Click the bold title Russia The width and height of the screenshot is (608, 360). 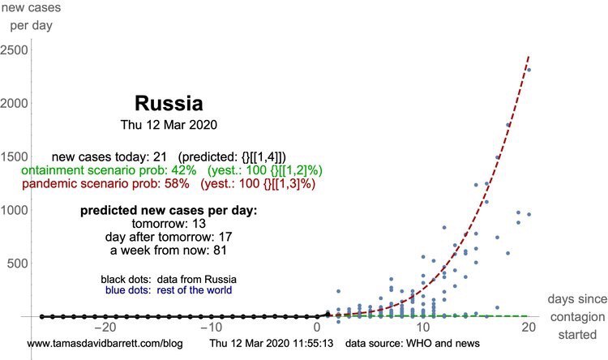click(x=169, y=103)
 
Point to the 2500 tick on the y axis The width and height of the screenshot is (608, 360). click(x=15, y=50)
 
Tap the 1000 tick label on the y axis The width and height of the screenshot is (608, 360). click(x=15, y=210)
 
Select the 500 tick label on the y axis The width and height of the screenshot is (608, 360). click(x=18, y=264)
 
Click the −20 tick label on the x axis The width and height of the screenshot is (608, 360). click(x=105, y=327)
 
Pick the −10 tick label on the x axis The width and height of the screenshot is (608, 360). click(x=212, y=327)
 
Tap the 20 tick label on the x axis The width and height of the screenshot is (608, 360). click(x=529, y=327)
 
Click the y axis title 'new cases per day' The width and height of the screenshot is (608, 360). click(x=31, y=16)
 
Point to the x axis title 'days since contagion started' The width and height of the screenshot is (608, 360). click(x=577, y=316)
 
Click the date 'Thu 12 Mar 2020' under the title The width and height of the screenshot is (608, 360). click(x=169, y=125)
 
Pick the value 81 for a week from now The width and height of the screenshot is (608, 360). click(x=220, y=250)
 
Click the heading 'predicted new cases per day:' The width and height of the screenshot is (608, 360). click(x=169, y=211)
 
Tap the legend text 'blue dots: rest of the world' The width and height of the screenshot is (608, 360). click(x=169, y=290)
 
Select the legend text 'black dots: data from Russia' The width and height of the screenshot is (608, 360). click(x=169, y=279)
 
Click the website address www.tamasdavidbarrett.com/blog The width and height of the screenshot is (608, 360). click(x=105, y=343)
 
